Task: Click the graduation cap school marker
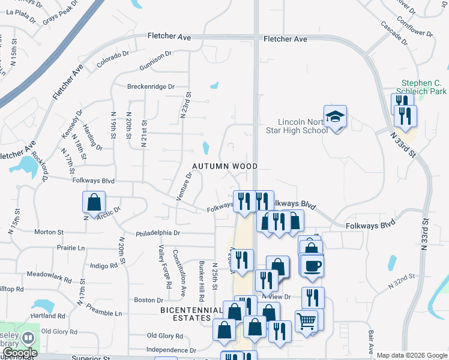coord(336,116)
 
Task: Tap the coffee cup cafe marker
coord(313,265)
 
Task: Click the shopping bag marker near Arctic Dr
coord(94,202)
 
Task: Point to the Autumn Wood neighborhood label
coord(224,166)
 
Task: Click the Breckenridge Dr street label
coord(150,86)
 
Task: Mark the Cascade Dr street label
coord(394,34)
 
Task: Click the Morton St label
coord(49,232)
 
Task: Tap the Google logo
coord(20,352)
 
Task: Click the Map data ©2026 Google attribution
coord(411,355)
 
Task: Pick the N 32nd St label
coord(402,281)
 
